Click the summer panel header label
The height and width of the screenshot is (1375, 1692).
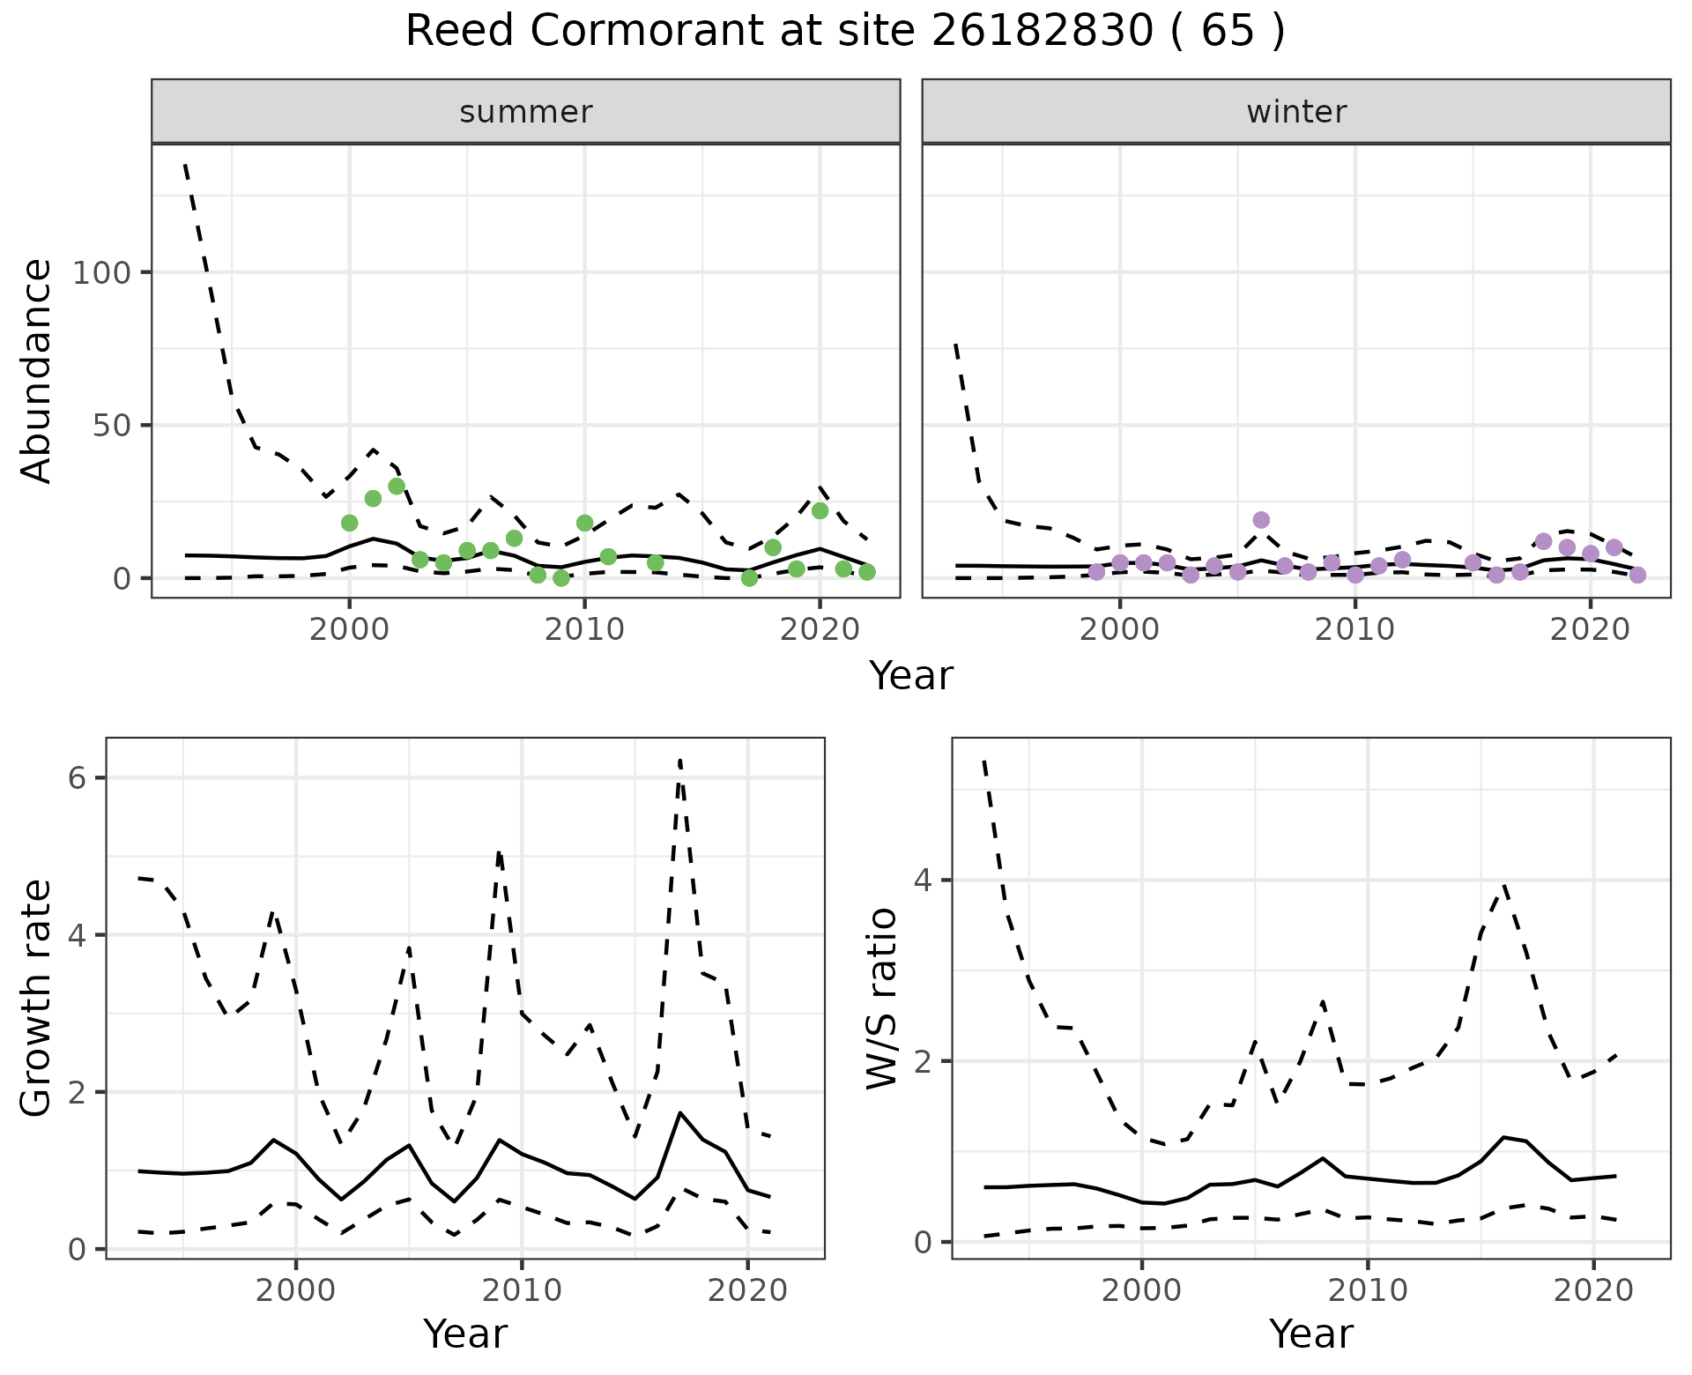526,112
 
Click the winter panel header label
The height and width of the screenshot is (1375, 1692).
1296,112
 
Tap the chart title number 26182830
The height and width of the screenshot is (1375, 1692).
1041,32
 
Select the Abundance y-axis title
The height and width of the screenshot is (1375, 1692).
37,371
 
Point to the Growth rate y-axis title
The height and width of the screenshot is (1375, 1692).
37,999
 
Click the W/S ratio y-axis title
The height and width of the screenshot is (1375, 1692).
882,999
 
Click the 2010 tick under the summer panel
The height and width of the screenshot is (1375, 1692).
584,629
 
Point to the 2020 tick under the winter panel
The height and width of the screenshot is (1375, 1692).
1591,629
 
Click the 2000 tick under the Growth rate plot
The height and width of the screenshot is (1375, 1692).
296,1291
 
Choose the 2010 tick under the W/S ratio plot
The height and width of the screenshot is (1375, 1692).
1368,1291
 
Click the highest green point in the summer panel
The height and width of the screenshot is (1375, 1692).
397,487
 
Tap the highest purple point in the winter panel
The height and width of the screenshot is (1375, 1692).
1261,520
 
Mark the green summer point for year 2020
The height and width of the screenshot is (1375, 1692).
820,510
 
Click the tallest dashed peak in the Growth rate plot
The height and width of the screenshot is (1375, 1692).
680,760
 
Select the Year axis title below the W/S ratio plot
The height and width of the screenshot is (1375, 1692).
1311,1334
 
